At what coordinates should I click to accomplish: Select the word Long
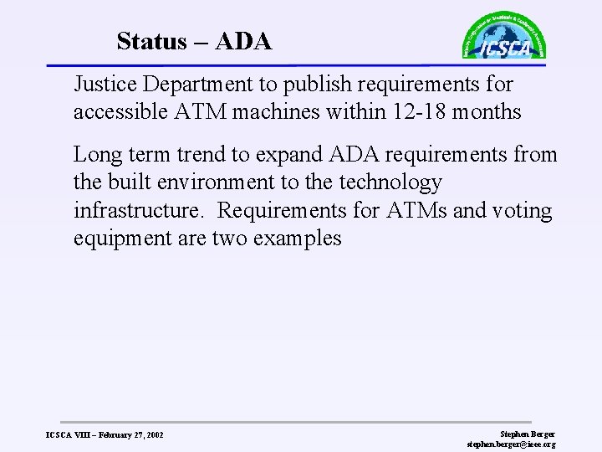click(x=94, y=154)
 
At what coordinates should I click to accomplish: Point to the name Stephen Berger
click(x=526, y=433)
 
